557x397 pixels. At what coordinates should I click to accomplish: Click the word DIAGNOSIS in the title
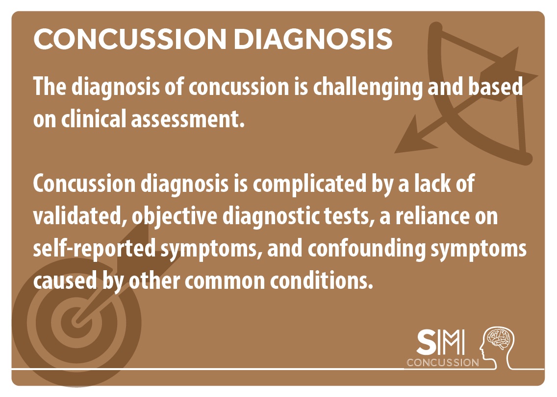[313, 39]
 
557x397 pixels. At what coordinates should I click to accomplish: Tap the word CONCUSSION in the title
[130, 39]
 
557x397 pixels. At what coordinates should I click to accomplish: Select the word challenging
[368, 88]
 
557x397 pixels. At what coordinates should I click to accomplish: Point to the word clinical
[94, 118]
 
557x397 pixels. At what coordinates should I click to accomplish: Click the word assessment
[188, 119]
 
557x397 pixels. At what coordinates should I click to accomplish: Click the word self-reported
[94, 249]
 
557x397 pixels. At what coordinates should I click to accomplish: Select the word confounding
[367, 249]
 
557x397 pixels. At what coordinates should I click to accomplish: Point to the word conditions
[322, 280]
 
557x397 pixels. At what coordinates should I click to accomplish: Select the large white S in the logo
[427, 342]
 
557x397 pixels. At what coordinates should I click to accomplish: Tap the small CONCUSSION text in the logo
[443, 363]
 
